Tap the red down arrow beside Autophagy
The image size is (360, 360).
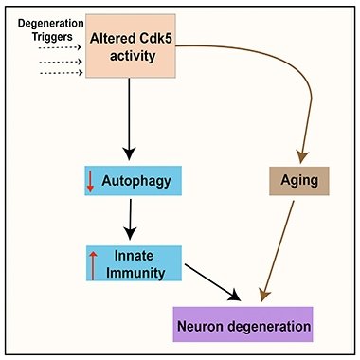coord(91,181)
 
